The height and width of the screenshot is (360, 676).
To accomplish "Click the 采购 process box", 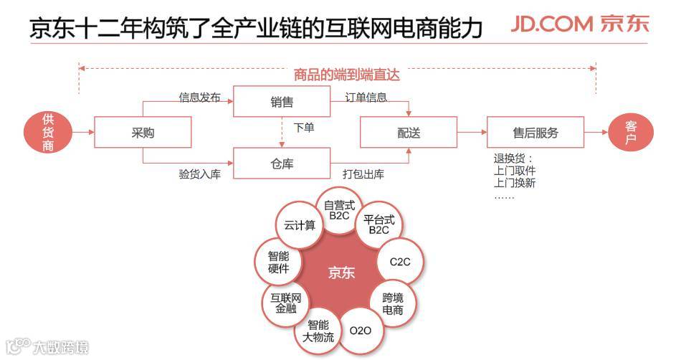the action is (143, 133).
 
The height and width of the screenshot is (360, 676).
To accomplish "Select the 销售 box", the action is (282, 102).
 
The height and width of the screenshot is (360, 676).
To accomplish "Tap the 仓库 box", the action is (282, 164).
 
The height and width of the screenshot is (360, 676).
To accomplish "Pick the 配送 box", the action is (409, 133).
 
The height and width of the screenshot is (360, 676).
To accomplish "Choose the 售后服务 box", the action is (535, 133).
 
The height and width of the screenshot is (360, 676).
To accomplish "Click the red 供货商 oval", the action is (48, 133).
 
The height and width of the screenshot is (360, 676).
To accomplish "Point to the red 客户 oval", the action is (631, 133).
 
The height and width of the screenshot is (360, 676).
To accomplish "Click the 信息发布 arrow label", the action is (199, 97).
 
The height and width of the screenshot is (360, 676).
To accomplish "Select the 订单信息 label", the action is (366, 97).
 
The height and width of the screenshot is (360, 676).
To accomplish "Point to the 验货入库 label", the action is (199, 174).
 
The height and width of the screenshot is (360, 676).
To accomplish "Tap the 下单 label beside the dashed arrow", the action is (304, 128).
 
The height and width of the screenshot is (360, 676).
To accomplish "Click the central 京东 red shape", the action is (342, 273).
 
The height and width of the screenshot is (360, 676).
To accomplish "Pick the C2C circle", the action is (400, 262).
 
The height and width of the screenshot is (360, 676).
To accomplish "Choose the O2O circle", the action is (360, 331).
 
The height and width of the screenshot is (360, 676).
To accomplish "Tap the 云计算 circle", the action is (299, 225).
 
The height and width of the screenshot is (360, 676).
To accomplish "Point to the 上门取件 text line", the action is (515, 171).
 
